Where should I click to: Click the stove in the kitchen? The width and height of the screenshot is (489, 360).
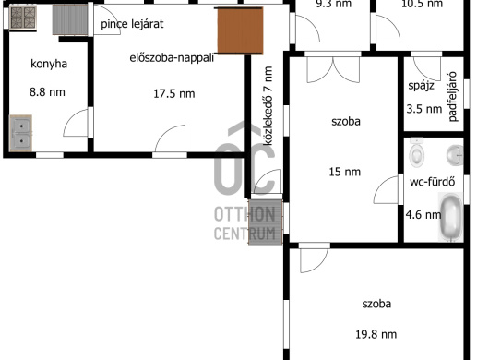click(23, 18)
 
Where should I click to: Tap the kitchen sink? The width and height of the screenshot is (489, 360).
click(20, 133)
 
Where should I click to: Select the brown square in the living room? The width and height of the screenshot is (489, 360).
click(240, 30)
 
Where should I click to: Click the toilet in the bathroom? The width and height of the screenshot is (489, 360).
click(417, 153)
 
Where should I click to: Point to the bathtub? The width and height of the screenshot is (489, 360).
click(450, 217)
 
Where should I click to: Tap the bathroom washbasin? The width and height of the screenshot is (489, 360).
click(455, 155)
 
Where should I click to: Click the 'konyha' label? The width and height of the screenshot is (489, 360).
click(49, 64)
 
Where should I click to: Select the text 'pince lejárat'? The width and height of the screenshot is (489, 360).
click(132, 24)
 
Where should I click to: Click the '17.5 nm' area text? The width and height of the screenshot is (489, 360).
click(174, 93)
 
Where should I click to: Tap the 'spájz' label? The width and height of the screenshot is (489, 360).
click(421, 86)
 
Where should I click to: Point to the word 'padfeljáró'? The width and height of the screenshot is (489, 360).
click(452, 96)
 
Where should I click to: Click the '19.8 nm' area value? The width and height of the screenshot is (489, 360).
click(376, 334)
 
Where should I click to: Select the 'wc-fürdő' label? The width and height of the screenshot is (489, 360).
click(432, 182)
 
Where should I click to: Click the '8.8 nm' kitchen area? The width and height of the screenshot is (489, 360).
click(47, 92)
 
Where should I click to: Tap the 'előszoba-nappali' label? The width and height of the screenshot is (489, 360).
click(172, 58)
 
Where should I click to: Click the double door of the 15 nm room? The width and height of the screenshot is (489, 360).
click(333, 69)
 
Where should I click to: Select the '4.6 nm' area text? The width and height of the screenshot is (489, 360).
click(423, 215)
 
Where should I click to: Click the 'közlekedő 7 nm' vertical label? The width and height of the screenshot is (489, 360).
click(268, 106)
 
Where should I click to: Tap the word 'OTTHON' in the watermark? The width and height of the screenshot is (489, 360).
click(244, 215)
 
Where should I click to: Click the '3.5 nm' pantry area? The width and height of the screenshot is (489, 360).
click(424, 109)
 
